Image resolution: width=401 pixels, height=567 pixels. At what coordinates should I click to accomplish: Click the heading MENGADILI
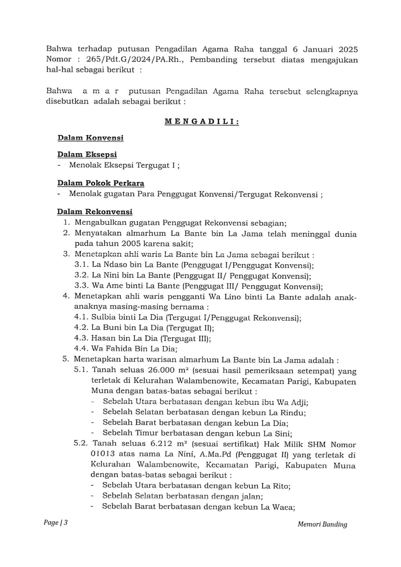201,122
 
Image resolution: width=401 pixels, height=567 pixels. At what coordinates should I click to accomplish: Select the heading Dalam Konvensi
90,138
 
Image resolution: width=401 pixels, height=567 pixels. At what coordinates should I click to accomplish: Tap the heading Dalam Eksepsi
87,154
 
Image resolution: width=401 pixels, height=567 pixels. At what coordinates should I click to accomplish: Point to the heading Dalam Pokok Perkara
101,183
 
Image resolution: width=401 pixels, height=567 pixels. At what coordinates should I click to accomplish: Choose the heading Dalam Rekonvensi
95,212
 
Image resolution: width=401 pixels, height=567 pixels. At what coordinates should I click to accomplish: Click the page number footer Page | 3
56,523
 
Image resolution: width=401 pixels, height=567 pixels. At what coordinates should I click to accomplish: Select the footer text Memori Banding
322,524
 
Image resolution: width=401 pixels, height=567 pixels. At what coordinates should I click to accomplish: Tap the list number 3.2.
81,276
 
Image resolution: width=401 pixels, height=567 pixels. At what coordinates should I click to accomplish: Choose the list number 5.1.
81,370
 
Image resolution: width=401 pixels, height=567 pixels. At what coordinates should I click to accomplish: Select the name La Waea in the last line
277,507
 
